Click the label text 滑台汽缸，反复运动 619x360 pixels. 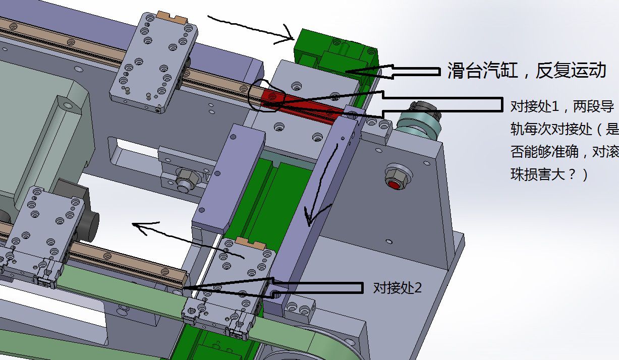(x=527, y=71)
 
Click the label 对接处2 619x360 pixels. (x=398, y=288)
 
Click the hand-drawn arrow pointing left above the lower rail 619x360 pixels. (x=188, y=240)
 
